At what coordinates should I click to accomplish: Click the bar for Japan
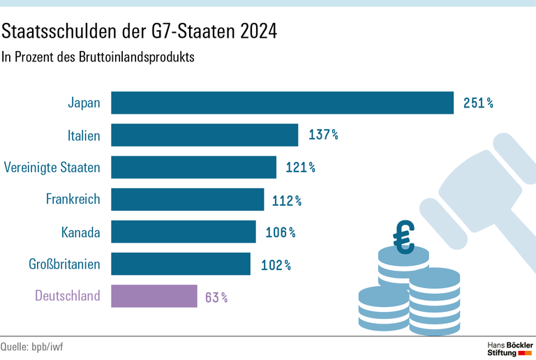[283, 103]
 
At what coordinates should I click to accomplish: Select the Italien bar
[204, 135]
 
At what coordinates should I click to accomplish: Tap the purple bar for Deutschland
[154, 296]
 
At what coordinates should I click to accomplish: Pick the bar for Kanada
[184, 232]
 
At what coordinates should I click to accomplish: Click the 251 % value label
[478, 103]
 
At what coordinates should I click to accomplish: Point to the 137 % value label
[323, 135]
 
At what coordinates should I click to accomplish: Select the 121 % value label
[301, 167]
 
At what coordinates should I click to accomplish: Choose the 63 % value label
[216, 297]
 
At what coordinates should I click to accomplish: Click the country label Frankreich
[73, 200]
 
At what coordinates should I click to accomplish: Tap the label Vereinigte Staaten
[52, 167]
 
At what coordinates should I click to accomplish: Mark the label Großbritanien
[64, 264]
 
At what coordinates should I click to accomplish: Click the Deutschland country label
[68, 296]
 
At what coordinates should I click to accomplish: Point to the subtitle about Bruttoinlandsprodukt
[98, 57]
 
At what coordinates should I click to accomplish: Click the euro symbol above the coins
[403, 238]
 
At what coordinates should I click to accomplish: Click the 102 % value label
[276, 265]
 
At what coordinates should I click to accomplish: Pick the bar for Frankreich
[188, 200]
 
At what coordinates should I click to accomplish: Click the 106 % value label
[281, 232]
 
